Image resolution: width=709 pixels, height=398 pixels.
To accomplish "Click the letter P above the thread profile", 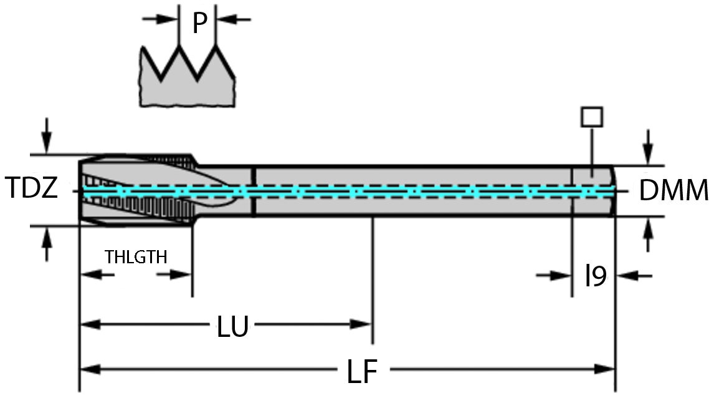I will click(x=199, y=22).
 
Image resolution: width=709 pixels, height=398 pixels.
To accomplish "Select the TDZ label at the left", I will click(x=31, y=188).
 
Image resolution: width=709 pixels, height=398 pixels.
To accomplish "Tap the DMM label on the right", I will click(x=673, y=191).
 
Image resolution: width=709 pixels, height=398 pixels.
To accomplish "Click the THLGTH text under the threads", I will click(x=136, y=257).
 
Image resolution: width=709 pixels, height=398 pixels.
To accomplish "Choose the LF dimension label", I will click(x=362, y=372).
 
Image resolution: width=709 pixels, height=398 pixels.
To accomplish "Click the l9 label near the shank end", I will click(x=596, y=276).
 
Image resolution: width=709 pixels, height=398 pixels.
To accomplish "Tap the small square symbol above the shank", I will click(x=591, y=117).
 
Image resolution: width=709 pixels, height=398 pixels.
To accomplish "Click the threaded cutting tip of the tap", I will click(x=134, y=190).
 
